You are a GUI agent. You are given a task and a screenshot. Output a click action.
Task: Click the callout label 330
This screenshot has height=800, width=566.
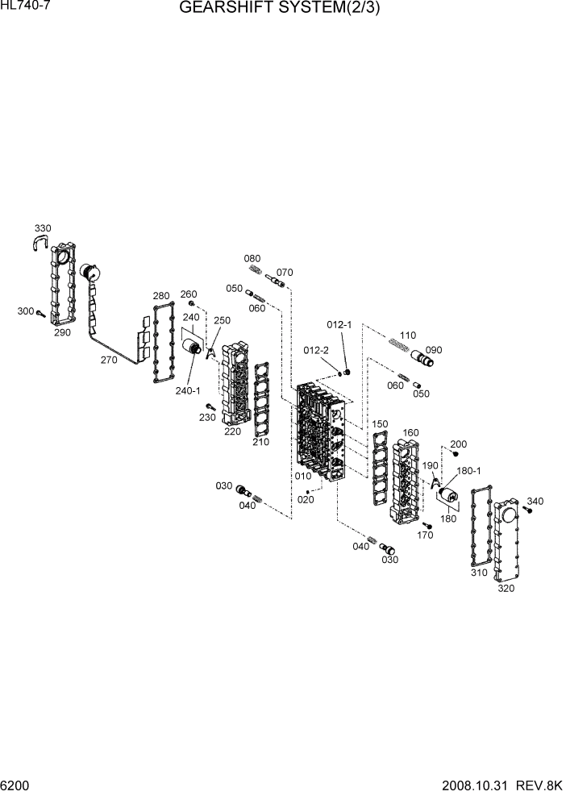(x=42, y=229)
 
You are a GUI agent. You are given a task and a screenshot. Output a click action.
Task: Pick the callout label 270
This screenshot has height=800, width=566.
(x=109, y=360)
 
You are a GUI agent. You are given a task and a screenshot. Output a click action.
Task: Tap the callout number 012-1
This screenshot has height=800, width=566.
(x=339, y=324)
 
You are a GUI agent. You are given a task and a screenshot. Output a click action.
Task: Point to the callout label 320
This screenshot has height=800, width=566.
(x=506, y=588)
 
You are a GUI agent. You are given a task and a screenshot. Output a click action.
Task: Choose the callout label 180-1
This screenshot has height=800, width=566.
(x=468, y=470)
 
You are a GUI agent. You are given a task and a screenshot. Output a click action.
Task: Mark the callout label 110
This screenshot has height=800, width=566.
(x=407, y=335)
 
